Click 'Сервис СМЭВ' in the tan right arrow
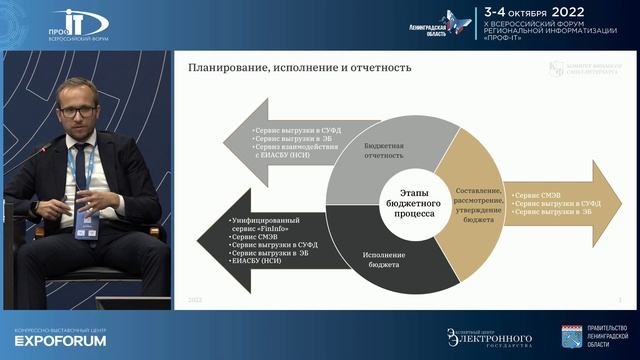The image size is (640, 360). (x=537, y=188)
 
